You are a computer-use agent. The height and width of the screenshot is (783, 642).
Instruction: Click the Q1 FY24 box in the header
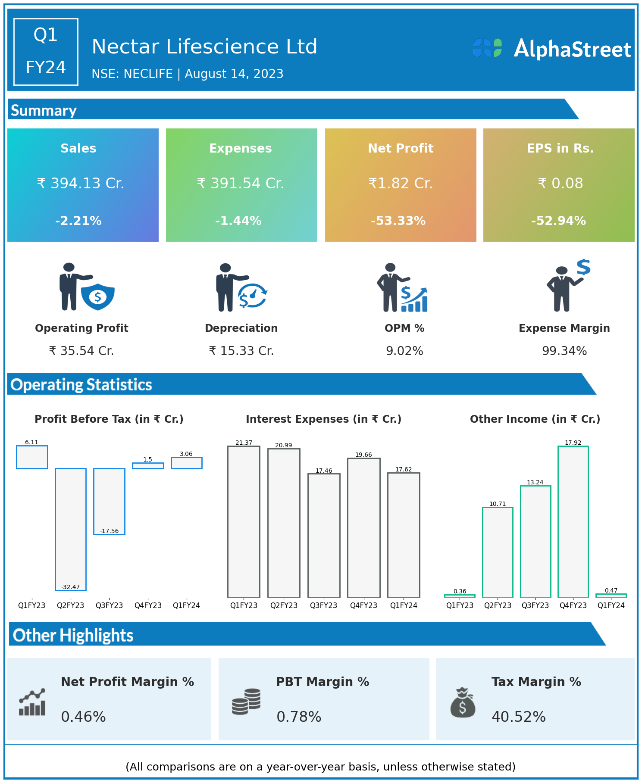tap(46, 52)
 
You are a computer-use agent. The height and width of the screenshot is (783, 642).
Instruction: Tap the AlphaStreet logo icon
tap(487, 48)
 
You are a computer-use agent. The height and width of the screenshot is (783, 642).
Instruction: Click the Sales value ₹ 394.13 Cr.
tap(81, 184)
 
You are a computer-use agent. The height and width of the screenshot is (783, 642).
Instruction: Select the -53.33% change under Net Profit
tap(398, 221)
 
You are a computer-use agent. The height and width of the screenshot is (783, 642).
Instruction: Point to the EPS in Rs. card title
tap(560, 148)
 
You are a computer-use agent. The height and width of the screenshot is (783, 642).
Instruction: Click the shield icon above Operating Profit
tap(98, 296)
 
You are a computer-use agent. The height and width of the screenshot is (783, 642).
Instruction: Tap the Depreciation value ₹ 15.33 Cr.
tap(241, 351)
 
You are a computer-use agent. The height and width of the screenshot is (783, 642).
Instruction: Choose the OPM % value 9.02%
tap(404, 351)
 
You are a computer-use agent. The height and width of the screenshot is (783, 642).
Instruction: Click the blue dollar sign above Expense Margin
tap(583, 267)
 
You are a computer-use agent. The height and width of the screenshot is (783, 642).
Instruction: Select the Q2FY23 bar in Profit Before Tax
tap(71, 529)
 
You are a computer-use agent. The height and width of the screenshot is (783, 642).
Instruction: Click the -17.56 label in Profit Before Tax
tap(109, 531)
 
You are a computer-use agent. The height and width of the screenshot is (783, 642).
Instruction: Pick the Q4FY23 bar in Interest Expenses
tap(363, 527)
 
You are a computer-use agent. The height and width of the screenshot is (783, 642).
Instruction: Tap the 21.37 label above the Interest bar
tap(244, 443)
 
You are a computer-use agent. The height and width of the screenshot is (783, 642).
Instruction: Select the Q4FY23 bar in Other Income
tap(573, 521)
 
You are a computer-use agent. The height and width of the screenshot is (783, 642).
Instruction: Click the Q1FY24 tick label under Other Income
tap(611, 605)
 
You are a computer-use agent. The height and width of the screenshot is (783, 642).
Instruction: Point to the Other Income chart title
tap(535, 419)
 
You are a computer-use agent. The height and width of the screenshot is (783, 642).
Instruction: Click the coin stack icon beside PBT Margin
tap(246, 702)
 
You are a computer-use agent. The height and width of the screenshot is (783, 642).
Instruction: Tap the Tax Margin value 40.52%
tap(519, 717)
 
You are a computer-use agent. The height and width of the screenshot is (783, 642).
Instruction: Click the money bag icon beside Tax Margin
tap(463, 702)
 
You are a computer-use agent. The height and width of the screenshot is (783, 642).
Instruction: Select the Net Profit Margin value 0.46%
tap(83, 717)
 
